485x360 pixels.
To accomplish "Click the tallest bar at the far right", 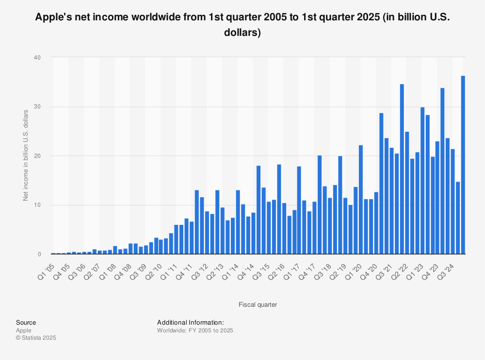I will click(463, 165).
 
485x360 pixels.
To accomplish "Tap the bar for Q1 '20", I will click(361, 199).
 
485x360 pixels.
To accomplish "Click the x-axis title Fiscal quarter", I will click(258, 304).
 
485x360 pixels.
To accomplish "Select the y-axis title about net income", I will click(25, 155).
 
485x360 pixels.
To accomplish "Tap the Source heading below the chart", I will click(26, 322).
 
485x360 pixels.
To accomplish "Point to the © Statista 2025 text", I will click(36, 338).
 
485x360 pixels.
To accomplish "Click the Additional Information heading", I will click(190, 322).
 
